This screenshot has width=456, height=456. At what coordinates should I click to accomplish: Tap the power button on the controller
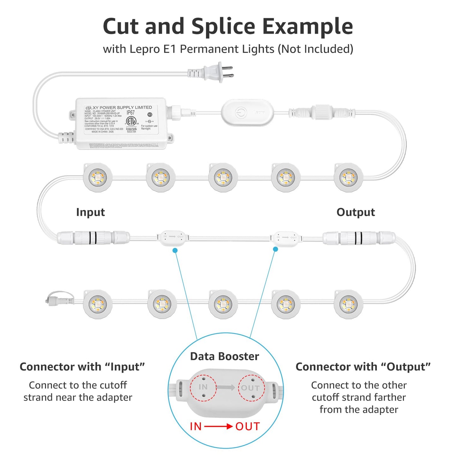point(241,112)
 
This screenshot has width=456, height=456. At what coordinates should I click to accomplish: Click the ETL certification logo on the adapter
point(131,121)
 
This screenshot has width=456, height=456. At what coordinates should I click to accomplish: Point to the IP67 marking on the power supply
point(131,113)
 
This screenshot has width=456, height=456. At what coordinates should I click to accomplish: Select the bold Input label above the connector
point(91,212)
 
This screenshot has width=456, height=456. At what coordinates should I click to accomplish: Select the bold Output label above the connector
point(356,212)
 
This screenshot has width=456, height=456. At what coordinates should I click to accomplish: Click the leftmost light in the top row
point(98,178)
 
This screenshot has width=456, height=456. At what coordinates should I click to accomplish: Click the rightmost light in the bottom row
point(348,305)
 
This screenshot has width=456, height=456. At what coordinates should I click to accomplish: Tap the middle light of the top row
point(223,178)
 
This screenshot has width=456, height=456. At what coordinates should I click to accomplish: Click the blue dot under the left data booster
point(175,250)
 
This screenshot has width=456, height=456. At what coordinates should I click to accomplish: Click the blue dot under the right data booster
point(275,249)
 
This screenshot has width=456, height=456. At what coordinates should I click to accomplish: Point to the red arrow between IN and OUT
point(218,427)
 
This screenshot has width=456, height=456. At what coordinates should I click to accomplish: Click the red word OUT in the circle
point(247,427)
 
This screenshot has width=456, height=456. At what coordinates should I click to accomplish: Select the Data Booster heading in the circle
point(224,356)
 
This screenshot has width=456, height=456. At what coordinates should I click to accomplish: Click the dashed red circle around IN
point(203,388)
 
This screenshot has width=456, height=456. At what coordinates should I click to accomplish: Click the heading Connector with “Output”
point(363,367)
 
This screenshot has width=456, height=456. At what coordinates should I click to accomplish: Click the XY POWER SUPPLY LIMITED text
point(122,108)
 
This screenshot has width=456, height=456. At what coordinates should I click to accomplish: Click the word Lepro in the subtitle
point(145,49)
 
